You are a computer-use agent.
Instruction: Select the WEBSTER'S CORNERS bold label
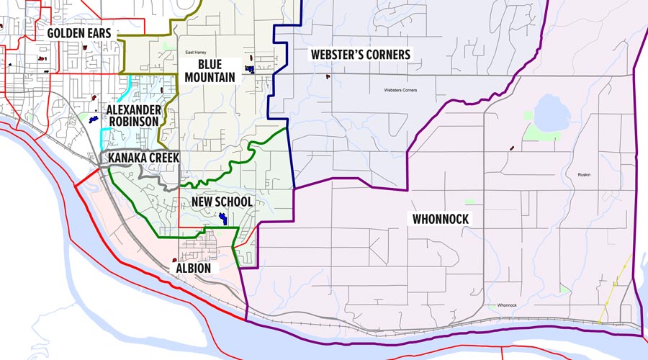360,55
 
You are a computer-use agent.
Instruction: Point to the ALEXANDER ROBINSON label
132,116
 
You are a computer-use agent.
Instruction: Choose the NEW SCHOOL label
222,202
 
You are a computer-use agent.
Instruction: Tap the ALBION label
193,269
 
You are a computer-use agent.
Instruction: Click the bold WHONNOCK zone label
441,219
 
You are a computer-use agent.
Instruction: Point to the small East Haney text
195,53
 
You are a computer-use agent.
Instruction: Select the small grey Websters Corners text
401,90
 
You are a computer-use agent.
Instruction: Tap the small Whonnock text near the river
507,305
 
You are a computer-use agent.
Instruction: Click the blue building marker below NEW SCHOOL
223,218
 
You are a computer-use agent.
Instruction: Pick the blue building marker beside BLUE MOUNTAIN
250,69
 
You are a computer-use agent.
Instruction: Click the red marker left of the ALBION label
175,261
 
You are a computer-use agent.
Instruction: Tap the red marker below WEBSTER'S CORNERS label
328,76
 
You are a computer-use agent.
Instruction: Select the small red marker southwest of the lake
512,148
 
